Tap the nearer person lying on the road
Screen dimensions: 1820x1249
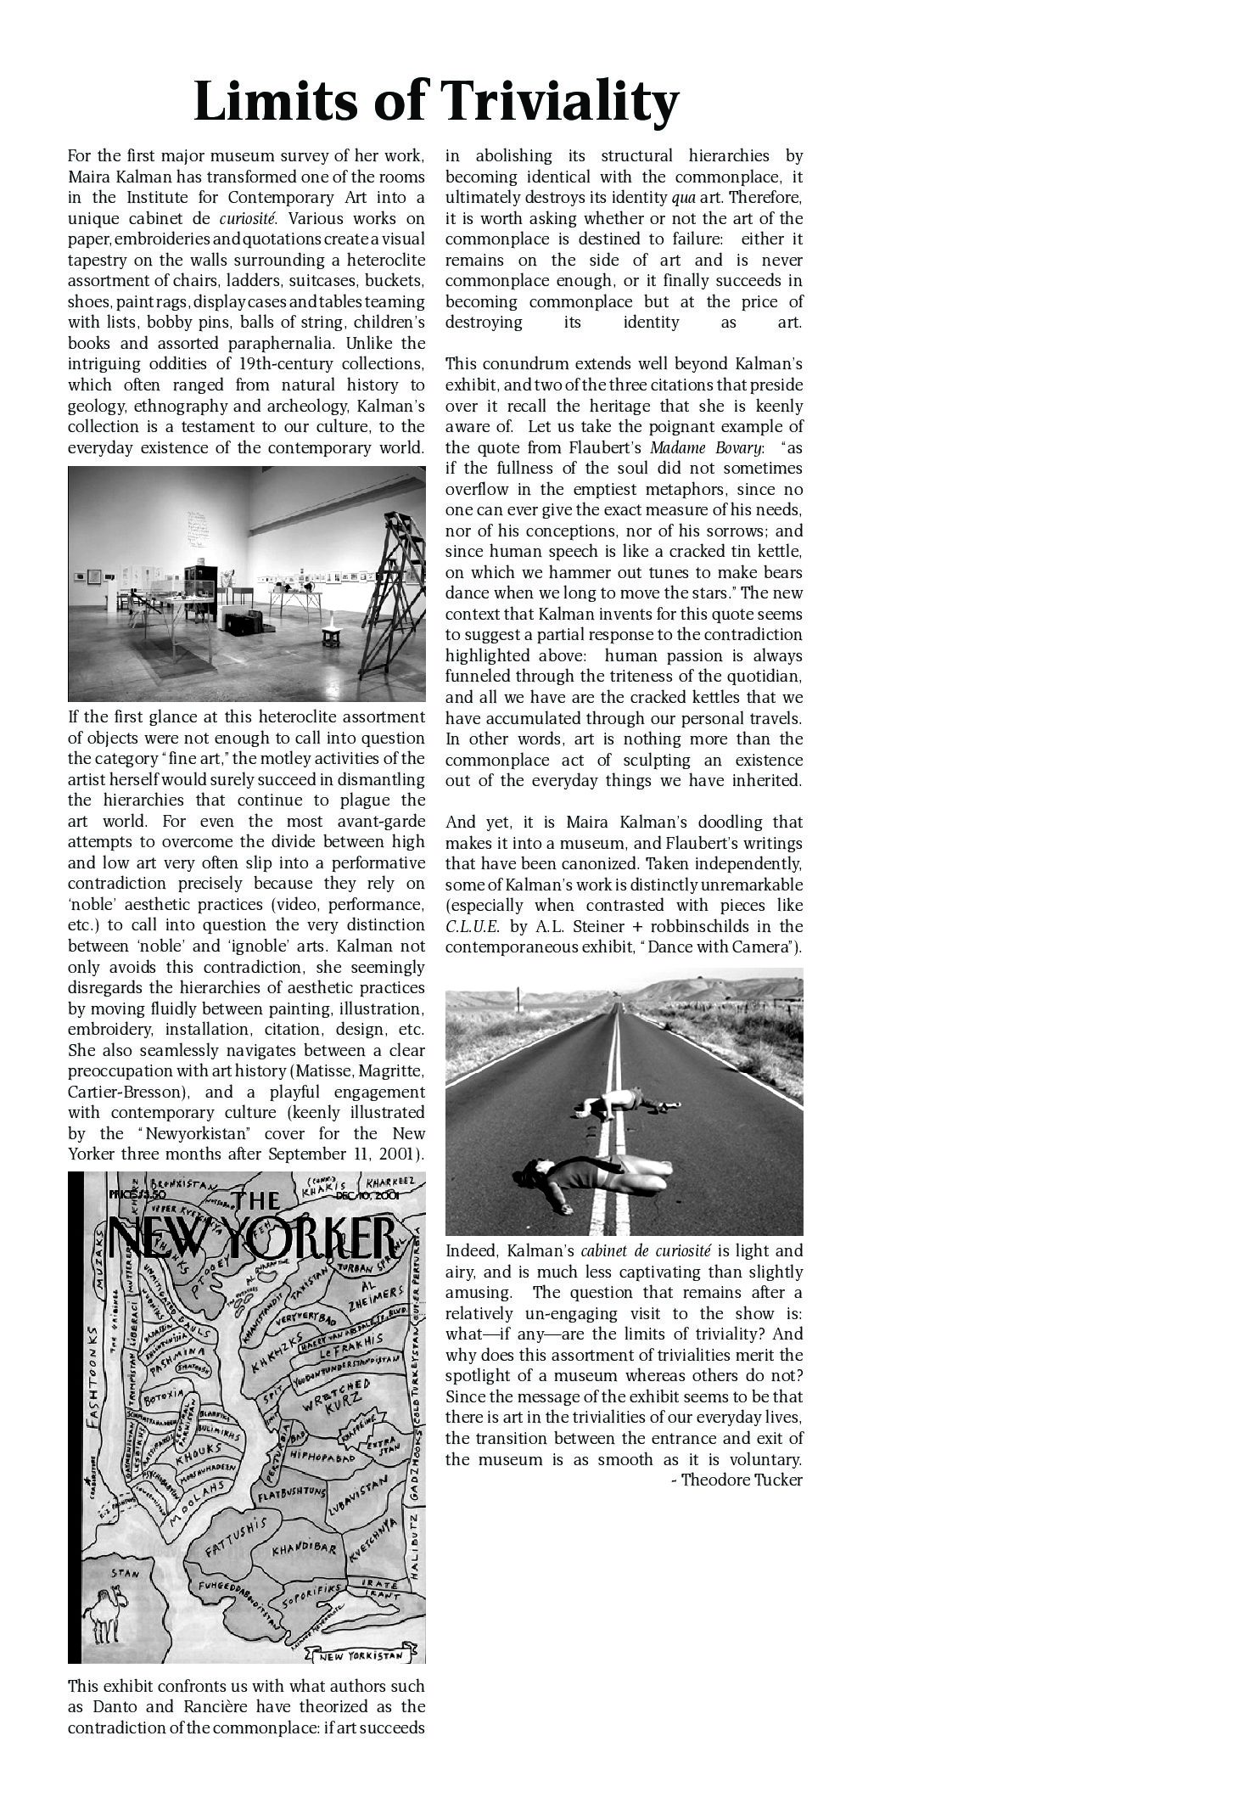tap(594, 1177)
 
